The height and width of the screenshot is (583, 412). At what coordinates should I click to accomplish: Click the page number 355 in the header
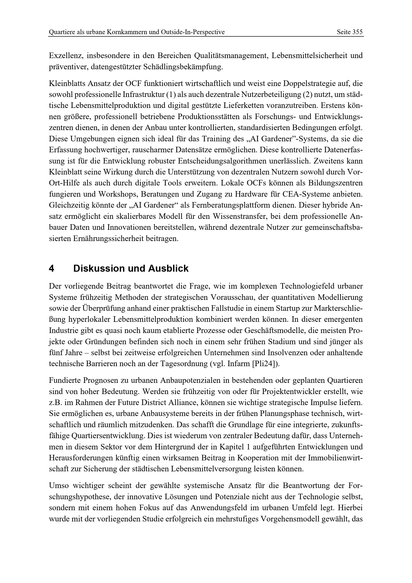[358, 32]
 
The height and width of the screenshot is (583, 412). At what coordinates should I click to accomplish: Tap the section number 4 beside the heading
[52, 268]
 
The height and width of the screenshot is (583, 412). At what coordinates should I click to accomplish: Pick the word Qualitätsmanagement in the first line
[231, 56]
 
